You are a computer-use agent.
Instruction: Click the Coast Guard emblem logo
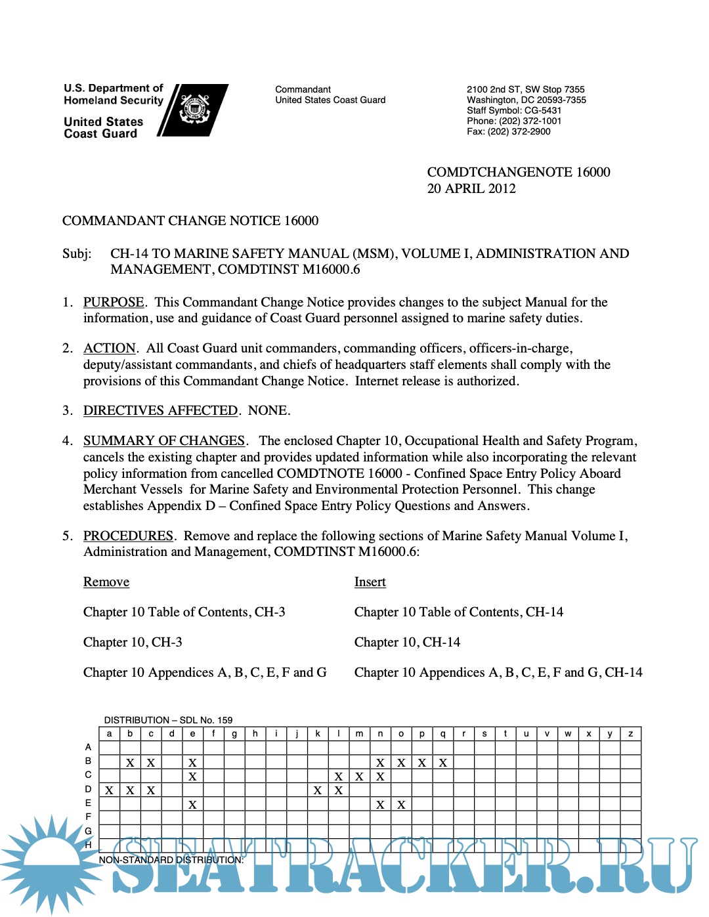click(x=194, y=110)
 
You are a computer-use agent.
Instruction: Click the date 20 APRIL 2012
click(x=471, y=188)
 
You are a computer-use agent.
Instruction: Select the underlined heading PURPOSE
click(x=114, y=302)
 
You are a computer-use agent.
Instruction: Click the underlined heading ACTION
click(x=109, y=348)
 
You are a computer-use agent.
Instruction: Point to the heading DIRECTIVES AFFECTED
click(x=160, y=410)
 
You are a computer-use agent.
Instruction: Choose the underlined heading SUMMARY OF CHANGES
click(x=164, y=440)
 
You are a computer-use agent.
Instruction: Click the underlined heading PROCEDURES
click(x=128, y=536)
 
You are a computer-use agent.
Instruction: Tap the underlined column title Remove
click(x=106, y=582)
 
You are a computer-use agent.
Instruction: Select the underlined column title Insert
click(x=370, y=582)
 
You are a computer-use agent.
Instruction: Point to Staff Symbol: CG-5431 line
click(x=514, y=110)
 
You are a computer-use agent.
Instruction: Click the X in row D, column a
click(x=110, y=790)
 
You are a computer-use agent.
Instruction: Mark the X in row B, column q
click(x=443, y=763)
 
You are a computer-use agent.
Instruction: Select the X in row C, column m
click(x=359, y=777)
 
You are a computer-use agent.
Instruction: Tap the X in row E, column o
click(x=401, y=805)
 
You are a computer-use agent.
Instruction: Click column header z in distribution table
click(x=630, y=734)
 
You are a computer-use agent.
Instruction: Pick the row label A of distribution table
click(x=88, y=747)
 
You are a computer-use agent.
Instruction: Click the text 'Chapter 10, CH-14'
click(x=407, y=642)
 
